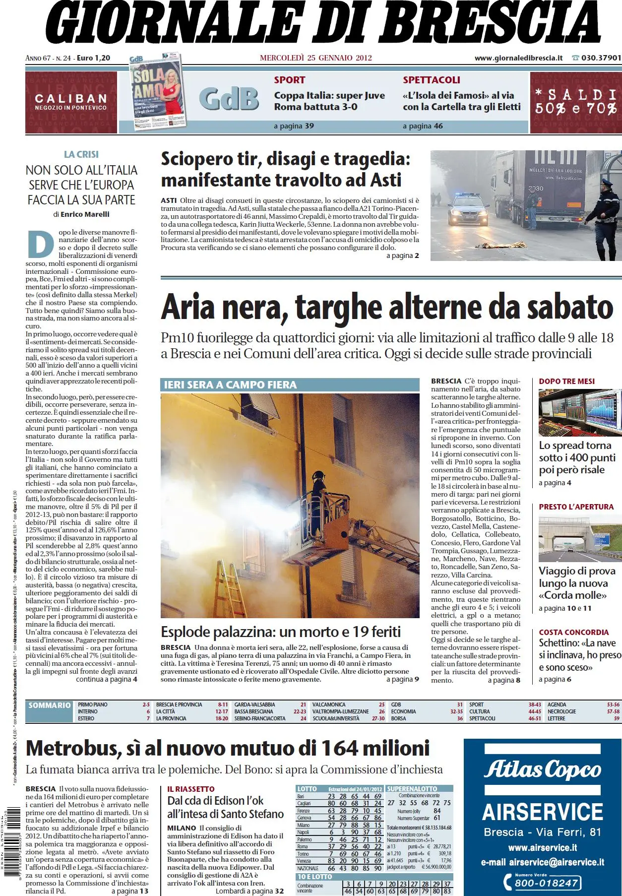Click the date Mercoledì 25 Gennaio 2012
pos(315,58)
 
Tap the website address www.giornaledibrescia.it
pos(518,58)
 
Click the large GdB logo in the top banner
pos(229,99)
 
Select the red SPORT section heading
pos(290,80)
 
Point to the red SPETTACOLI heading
pos(432,80)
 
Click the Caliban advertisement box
pos(71,102)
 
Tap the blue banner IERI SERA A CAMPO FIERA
pos(230,385)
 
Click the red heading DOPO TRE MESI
pos(566,381)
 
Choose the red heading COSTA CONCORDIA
pos(573,632)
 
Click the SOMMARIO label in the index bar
pos(50,705)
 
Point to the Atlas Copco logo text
pos(542,770)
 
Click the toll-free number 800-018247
pos(546,883)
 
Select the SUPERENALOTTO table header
pos(412,788)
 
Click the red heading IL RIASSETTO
pos(191,789)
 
